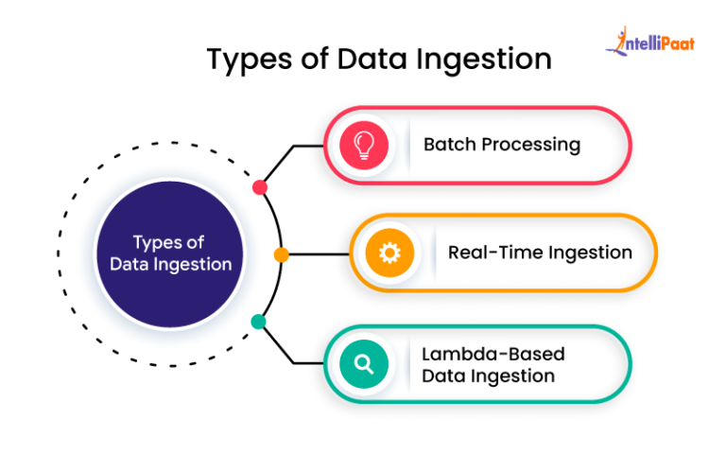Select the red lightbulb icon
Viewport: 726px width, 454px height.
[363, 145]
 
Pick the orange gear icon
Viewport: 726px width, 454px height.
[389, 253]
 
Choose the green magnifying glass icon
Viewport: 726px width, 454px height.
[363, 363]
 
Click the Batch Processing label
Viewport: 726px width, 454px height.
[501, 145]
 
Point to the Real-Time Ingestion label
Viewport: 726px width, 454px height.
[540, 253]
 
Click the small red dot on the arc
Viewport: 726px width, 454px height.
[260, 187]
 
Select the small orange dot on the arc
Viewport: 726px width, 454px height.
[282, 254]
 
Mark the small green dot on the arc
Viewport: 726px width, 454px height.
[258, 322]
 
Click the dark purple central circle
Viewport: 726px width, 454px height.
[170, 253]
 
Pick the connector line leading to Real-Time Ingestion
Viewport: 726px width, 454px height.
[318, 254]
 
